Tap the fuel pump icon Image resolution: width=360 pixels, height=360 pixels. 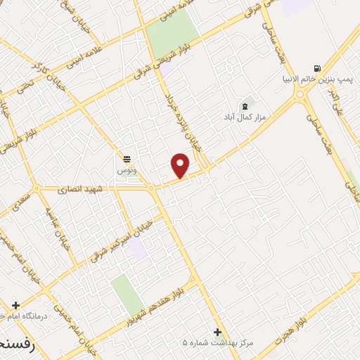(x=318, y=68)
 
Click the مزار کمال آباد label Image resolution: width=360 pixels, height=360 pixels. (x=244, y=116)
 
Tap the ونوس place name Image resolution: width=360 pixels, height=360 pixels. (x=127, y=169)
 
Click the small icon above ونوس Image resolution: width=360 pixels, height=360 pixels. (x=127, y=158)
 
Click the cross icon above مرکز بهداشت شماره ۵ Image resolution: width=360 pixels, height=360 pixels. (x=217, y=332)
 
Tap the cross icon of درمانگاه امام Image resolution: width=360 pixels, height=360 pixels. (x=15, y=306)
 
